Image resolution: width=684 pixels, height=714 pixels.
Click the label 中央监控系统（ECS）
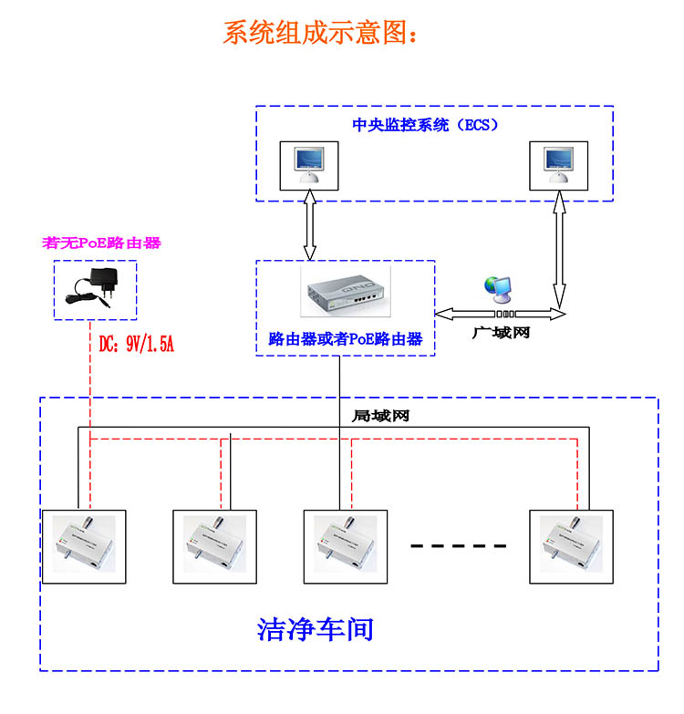pyautogui.click(x=425, y=125)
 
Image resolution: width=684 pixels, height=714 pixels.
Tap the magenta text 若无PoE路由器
pyautogui.click(x=101, y=243)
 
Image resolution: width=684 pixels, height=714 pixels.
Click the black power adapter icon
pyautogui.click(x=97, y=288)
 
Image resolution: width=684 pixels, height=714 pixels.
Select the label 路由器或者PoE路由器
pyautogui.click(x=345, y=339)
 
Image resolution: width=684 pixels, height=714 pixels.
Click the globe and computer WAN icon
pyautogui.click(x=499, y=289)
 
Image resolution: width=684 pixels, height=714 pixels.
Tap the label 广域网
pyautogui.click(x=501, y=334)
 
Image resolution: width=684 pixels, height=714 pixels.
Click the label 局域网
pyautogui.click(x=379, y=415)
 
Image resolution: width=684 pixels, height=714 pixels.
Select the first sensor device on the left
pyautogui.click(x=82, y=545)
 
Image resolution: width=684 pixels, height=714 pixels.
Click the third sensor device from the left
pyautogui.click(x=344, y=545)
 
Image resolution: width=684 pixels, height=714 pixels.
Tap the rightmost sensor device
pyautogui.click(x=571, y=545)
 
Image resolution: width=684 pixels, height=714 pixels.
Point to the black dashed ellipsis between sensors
pyautogui.click(x=458, y=546)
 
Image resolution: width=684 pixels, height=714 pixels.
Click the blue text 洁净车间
pyautogui.click(x=316, y=629)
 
